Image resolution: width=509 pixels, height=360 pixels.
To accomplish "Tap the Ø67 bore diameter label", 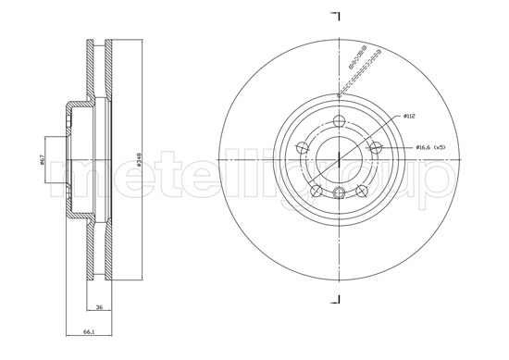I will (x=43, y=160).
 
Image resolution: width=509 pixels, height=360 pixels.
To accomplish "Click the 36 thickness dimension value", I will (x=98, y=309).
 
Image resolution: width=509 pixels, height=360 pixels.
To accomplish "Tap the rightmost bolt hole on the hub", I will (x=375, y=146).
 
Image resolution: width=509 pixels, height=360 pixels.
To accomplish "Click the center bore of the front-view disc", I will (x=339, y=158).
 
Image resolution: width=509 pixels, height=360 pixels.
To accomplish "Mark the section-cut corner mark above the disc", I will (x=335, y=17).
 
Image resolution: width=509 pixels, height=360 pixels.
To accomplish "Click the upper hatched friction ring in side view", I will (x=99, y=69).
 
